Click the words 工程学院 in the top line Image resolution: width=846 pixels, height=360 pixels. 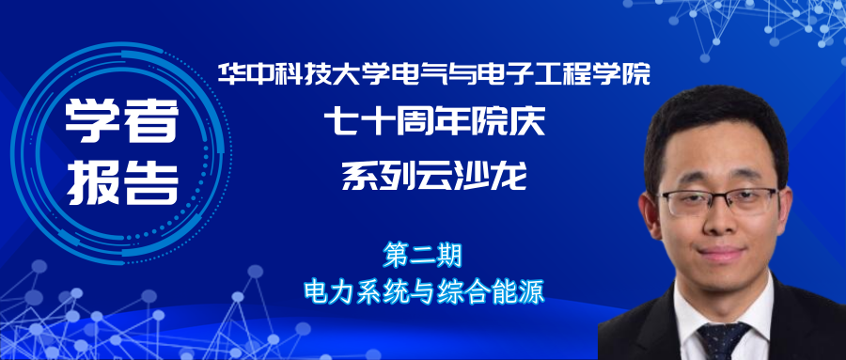598,75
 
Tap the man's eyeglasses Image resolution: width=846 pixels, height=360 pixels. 719,200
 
